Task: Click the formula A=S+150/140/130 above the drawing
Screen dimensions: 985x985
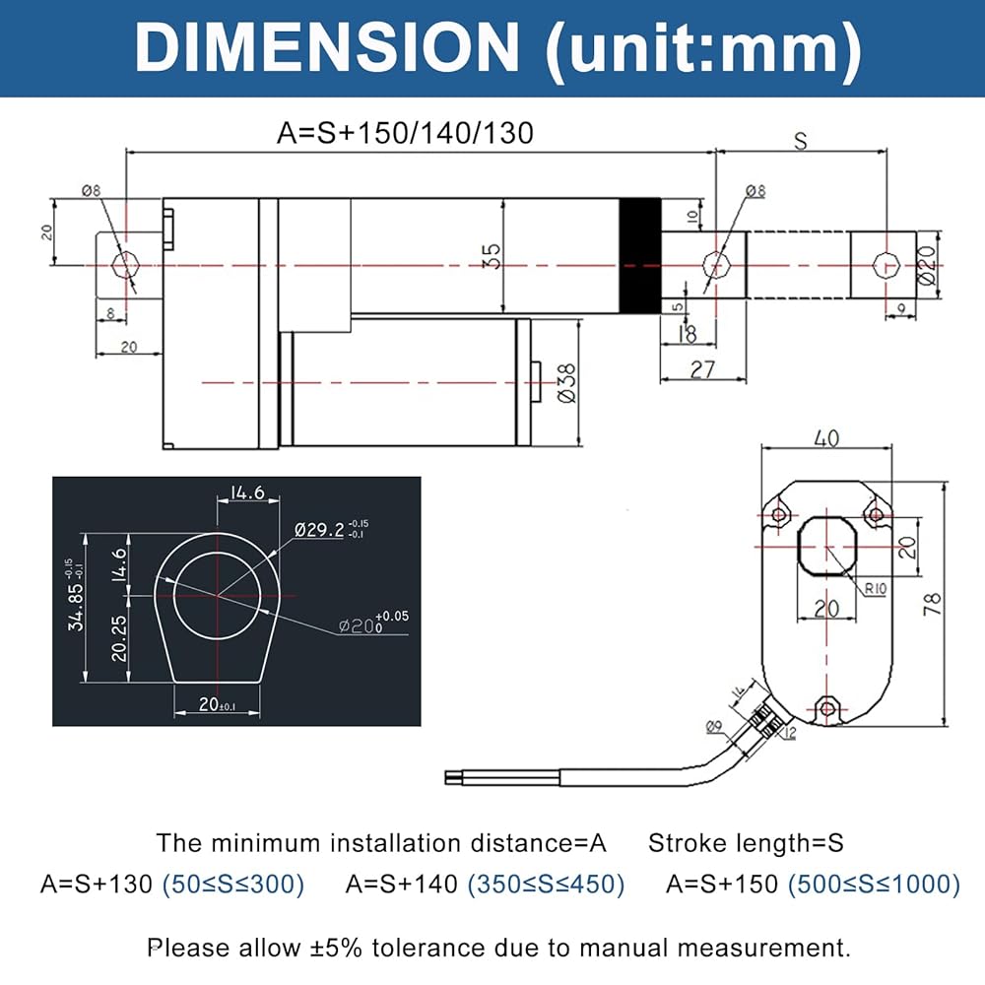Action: pyautogui.click(x=405, y=133)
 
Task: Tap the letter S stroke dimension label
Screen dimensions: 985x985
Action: pyautogui.click(x=800, y=141)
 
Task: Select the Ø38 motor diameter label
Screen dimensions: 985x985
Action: pyautogui.click(x=567, y=383)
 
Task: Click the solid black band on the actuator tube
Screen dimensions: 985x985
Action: pyautogui.click(x=639, y=255)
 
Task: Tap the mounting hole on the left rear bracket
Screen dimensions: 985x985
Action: pyautogui.click(x=125, y=264)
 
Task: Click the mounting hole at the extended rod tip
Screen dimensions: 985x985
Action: pyautogui.click(x=884, y=263)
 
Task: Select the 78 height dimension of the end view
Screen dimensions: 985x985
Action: pyautogui.click(x=933, y=603)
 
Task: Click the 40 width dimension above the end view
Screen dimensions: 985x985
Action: pyautogui.click(x=827, y=438)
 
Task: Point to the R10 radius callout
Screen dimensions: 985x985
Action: pyautogui.click(x=875, y=590)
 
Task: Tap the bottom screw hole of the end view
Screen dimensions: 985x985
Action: pyautogui.click(x=827, y=705)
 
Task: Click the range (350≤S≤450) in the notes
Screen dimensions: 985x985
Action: pyautogui.click(x=546, y=884)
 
